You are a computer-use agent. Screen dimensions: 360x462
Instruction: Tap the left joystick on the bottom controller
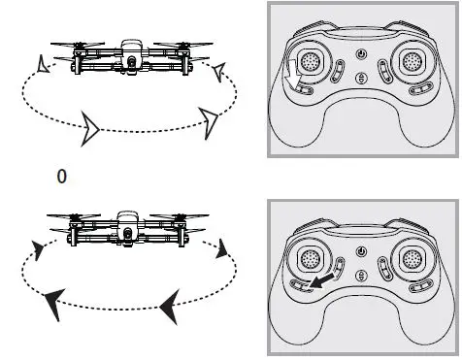[x=309, y=257]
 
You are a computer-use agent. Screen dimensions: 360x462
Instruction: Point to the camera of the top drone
[x=130, y=63]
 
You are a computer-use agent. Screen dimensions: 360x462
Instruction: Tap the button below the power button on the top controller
[x=361, y=79]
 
